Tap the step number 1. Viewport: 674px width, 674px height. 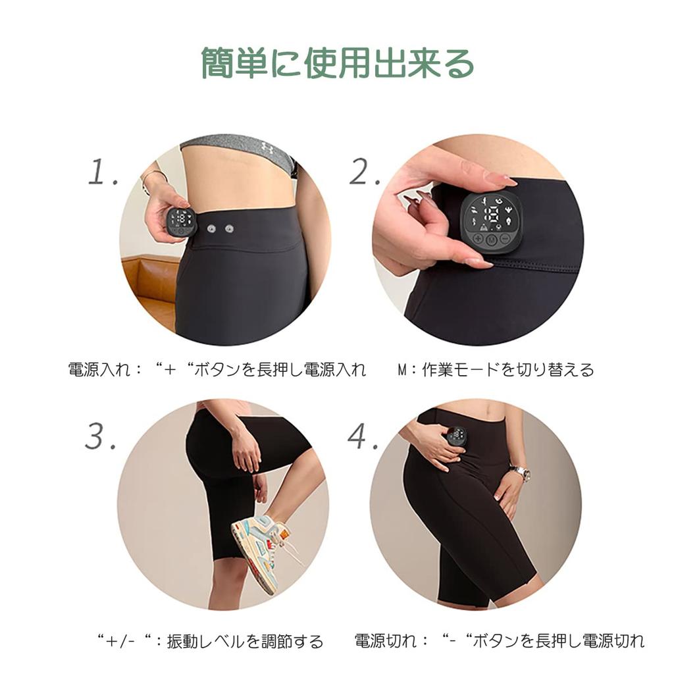click(103, 172)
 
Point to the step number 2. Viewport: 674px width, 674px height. click(365, 172)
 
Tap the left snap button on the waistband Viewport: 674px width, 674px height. click(212, 228)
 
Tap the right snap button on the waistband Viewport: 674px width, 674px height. click(230, 228)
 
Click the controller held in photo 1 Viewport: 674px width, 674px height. click(180, 222)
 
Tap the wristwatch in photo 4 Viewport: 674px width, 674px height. click(521, 471)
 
